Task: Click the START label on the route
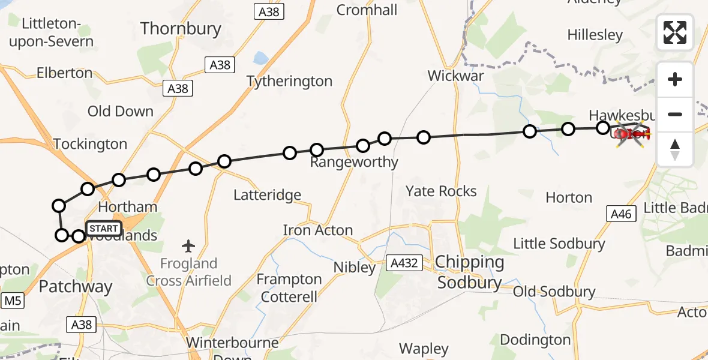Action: [x=104, y=229]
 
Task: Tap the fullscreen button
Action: [x=675, y=32]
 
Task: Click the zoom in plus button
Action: [x=675, y=79]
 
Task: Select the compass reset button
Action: [x=675, y=149]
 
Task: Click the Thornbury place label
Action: [x=181, y=28]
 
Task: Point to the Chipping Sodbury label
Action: [x=470, y=272]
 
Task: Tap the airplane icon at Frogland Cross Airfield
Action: [x=189, y=245]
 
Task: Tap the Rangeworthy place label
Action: [x=354, y=162]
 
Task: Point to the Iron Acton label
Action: [x=318, y=230]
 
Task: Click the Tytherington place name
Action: [x=289, y=81]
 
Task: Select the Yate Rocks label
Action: [x=441, y=191]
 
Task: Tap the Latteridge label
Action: [x=267, y=195]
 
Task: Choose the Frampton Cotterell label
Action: [x=289, y=287]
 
